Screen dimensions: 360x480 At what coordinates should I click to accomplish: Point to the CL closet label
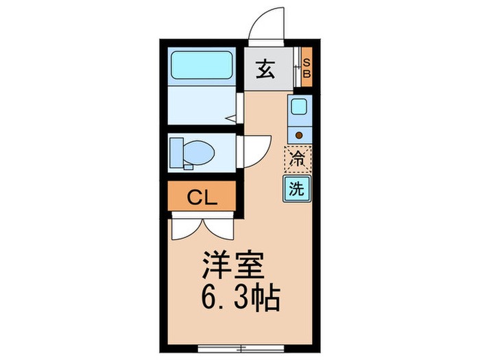click(203, 198)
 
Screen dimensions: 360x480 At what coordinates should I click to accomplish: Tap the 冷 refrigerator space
click(298, 160)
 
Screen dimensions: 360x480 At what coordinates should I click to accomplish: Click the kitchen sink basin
click(298, 106)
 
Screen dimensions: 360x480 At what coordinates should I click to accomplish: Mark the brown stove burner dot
click(298, 134)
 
